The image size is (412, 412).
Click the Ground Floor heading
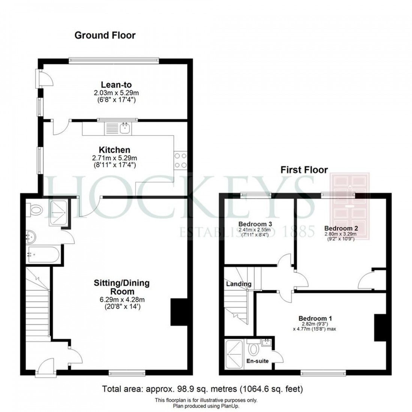[x=105, y=35]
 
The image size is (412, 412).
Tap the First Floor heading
[x=304, y=170]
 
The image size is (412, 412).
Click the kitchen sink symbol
[x=125, y=128]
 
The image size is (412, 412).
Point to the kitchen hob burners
[x=180, y=161]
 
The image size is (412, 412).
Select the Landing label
[x=239, y=284]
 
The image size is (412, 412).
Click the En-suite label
[x=258, y=361]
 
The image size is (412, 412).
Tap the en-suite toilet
[x=254, y=349]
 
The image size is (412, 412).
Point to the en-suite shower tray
[x=235, y=354]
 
